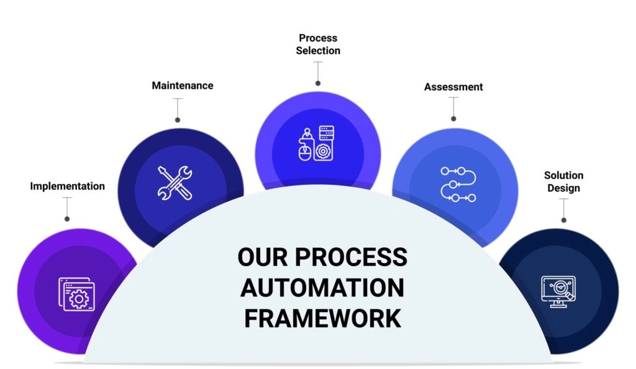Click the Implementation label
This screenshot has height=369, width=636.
(x=67, y=186)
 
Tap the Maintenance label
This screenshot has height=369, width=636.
(x=183, y=86)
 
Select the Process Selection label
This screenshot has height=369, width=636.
(x=318, y=44)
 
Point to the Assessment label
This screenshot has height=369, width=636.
(x=453, y=87)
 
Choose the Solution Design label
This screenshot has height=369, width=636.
(x=564, y=182)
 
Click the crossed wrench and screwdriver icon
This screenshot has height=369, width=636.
(x=175, y=183)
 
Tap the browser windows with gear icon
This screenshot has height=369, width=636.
(x=76, y=294)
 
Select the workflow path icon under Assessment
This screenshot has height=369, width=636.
(x=458, y=184)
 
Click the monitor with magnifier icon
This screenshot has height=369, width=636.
(x=558, y=291)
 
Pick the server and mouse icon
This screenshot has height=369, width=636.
(x=316, y=143)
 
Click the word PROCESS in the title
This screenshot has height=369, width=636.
(x=351, y=257)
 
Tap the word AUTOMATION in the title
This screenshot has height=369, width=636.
(x=322, y=288)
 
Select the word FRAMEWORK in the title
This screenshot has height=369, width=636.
(x=323, y=318)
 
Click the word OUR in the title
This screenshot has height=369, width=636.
(x=263, y=257)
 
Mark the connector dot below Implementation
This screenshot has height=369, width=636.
(x=67, y=219)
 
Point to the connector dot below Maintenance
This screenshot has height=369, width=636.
(x=177, y=120)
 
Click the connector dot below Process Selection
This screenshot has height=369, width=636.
(x=318, y=84)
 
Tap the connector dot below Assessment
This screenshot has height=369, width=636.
(x=453, y=118)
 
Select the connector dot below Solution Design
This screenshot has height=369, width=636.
(x=564, y=220)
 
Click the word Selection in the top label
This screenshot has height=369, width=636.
(x=318, y=51)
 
